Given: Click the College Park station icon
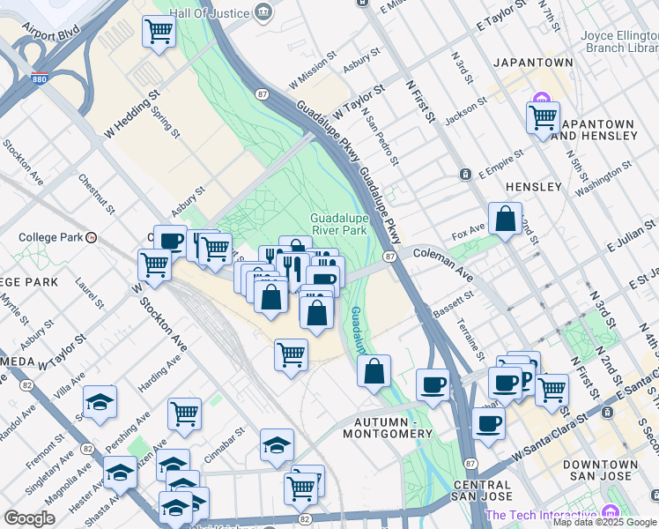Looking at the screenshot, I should click(91, 237).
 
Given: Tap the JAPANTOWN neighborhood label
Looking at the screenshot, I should click(533, 63).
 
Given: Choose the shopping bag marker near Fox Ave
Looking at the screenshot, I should click(506, 220).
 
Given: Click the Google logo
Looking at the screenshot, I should click(29, 518).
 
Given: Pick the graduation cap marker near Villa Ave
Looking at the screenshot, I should click(100, 402).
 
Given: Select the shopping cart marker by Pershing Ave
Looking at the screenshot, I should click(184, 412).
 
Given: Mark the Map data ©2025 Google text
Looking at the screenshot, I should click(604, 522).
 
